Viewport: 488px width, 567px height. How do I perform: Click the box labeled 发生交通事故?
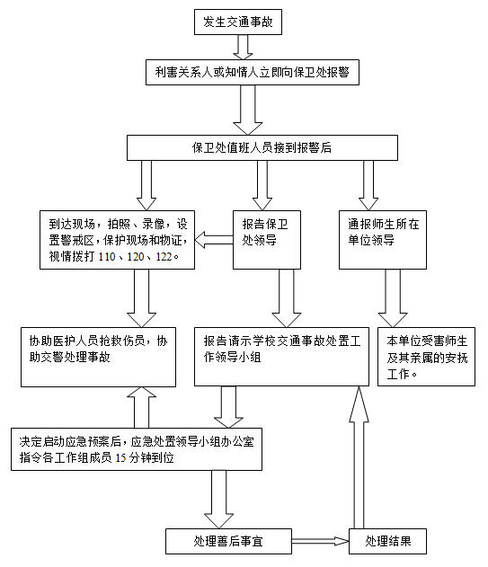(237, 22)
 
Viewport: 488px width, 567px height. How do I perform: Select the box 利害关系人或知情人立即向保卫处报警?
(253, 72)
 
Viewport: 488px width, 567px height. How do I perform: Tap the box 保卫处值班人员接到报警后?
(262, 147)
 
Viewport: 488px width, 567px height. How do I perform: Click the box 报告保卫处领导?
(267, 240)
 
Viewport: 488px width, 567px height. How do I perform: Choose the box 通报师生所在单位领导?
(382, 240)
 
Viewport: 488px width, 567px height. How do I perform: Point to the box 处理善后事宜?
(228, 541)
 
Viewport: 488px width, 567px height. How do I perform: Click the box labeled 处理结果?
(387, 541)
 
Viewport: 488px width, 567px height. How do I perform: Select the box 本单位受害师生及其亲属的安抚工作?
(426, 357)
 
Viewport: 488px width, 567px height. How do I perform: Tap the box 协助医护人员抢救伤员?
(98, 357)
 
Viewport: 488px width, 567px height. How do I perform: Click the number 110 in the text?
(107, 257)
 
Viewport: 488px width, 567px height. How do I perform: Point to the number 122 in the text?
(164, 257)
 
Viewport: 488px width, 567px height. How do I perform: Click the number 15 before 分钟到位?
(120, 458)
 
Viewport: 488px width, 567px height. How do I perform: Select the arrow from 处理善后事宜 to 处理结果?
(320, 541)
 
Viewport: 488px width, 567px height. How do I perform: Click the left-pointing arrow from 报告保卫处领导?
(214, 240)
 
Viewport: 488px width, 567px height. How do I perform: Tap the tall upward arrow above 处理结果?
(359, 457)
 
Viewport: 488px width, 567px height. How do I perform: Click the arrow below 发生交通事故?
(243, 47)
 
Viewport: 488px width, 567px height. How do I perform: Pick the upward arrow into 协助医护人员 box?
(141, 408)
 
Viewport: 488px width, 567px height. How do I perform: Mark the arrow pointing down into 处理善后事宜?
(218, 500)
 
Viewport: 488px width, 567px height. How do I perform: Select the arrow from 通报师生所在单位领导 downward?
(393, 298)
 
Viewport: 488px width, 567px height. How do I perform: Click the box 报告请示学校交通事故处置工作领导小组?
(281, 357)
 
